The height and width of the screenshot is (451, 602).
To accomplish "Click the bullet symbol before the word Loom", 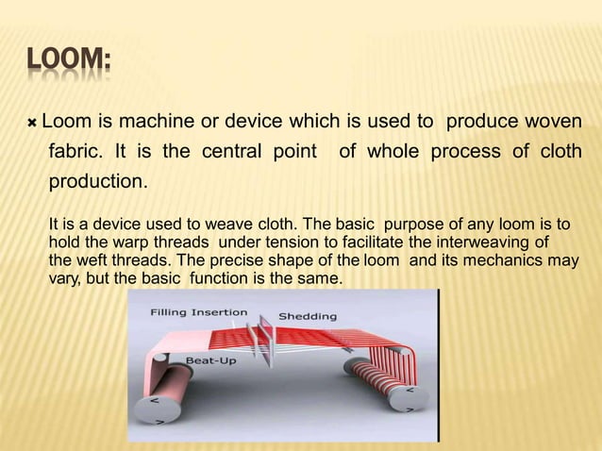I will click(x=32, y=124).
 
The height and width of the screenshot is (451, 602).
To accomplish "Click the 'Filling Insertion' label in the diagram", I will click(x=200, y=312).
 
